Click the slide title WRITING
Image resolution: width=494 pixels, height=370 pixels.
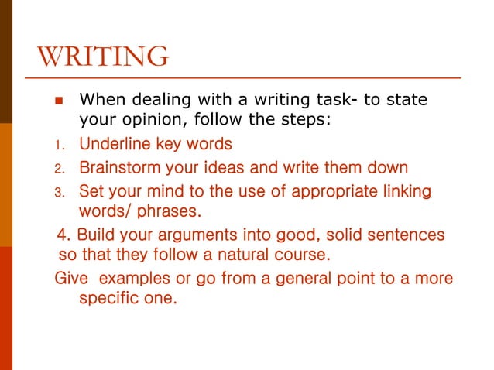pos(102,57)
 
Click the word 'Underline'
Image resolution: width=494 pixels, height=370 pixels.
pos(115,143)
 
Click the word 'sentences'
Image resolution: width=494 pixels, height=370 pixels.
pos(403,234)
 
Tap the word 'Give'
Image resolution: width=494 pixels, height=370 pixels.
pos(70,276)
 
